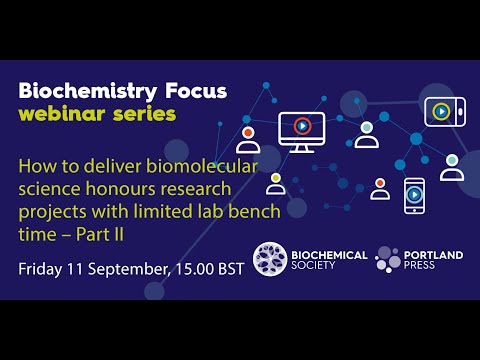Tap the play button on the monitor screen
(x=301, y=126)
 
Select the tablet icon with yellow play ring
(x=441, y=110)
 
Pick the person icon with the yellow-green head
(x=275, y=184)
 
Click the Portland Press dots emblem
(x=388, y=260)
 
